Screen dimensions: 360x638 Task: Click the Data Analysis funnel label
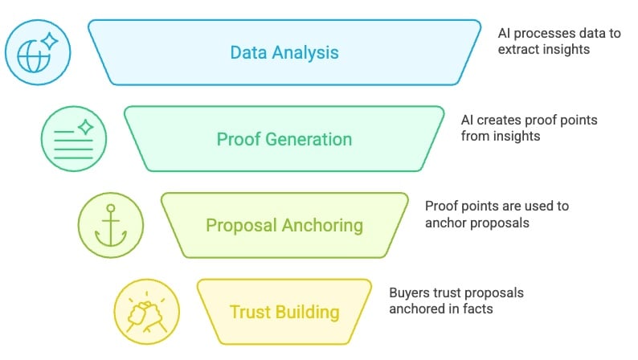(x=284, y=53)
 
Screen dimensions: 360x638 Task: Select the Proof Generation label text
(x=284, y=139)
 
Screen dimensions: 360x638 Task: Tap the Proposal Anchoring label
(x=284, y=225)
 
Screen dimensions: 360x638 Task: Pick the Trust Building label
(x=284, y=311)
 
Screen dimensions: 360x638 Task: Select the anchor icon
(x=110, y=225)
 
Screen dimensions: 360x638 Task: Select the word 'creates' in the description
(x=499, y=120)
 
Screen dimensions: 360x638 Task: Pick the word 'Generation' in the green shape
(x=312, y=139)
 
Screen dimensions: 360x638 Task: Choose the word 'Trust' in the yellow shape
(x=250, y=311)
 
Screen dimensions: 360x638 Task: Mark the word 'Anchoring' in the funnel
(x=325, y=225)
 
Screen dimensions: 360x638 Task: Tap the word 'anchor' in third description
(x=445, y=223)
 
